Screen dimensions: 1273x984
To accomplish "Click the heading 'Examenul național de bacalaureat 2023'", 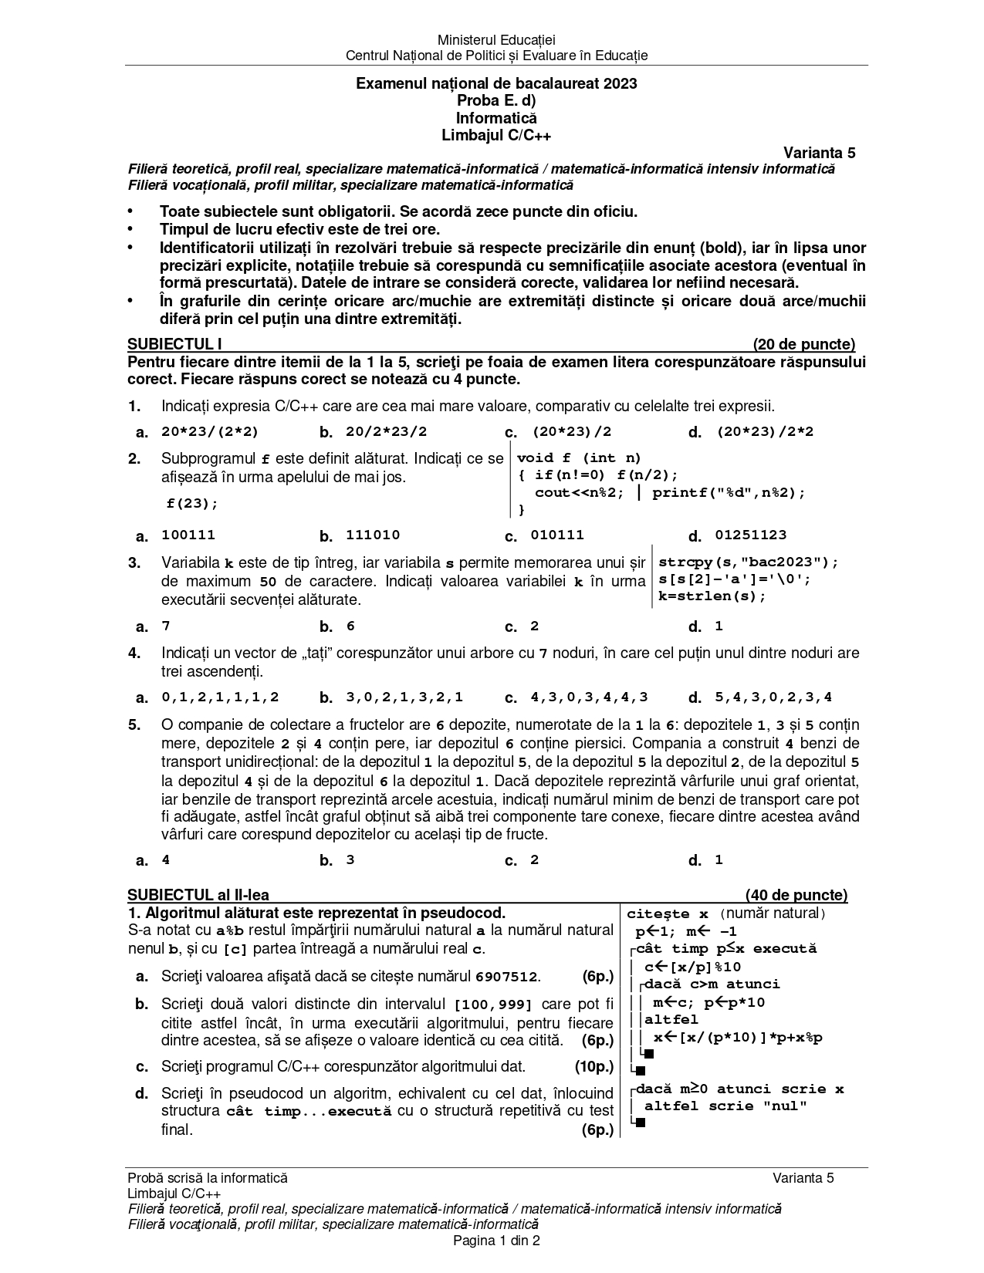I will [496, 83].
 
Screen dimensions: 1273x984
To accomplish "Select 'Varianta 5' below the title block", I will [819, 153].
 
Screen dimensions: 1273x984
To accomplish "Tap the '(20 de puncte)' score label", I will [803, 344].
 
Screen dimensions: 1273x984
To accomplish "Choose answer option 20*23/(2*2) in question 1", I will [210, 432].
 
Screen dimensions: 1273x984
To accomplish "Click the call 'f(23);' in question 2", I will [193, 504].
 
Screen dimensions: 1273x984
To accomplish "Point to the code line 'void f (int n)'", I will [579, 458].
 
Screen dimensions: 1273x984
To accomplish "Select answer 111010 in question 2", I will [373, 535].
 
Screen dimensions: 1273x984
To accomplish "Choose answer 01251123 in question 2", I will [750, 535].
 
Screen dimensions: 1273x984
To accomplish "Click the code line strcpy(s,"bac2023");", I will [748, 562].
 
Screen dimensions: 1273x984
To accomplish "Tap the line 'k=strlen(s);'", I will [712, 596].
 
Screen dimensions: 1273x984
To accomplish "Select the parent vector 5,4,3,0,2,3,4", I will [773, 697].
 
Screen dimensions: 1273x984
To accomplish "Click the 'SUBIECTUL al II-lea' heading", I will [198, 895].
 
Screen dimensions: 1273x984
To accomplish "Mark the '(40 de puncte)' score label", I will [796, 895].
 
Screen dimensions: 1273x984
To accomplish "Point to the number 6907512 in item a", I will [506, 977].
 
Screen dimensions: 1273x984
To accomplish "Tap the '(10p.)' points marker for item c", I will [593, 1067].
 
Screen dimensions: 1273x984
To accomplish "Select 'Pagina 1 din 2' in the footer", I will [496, 1241].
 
